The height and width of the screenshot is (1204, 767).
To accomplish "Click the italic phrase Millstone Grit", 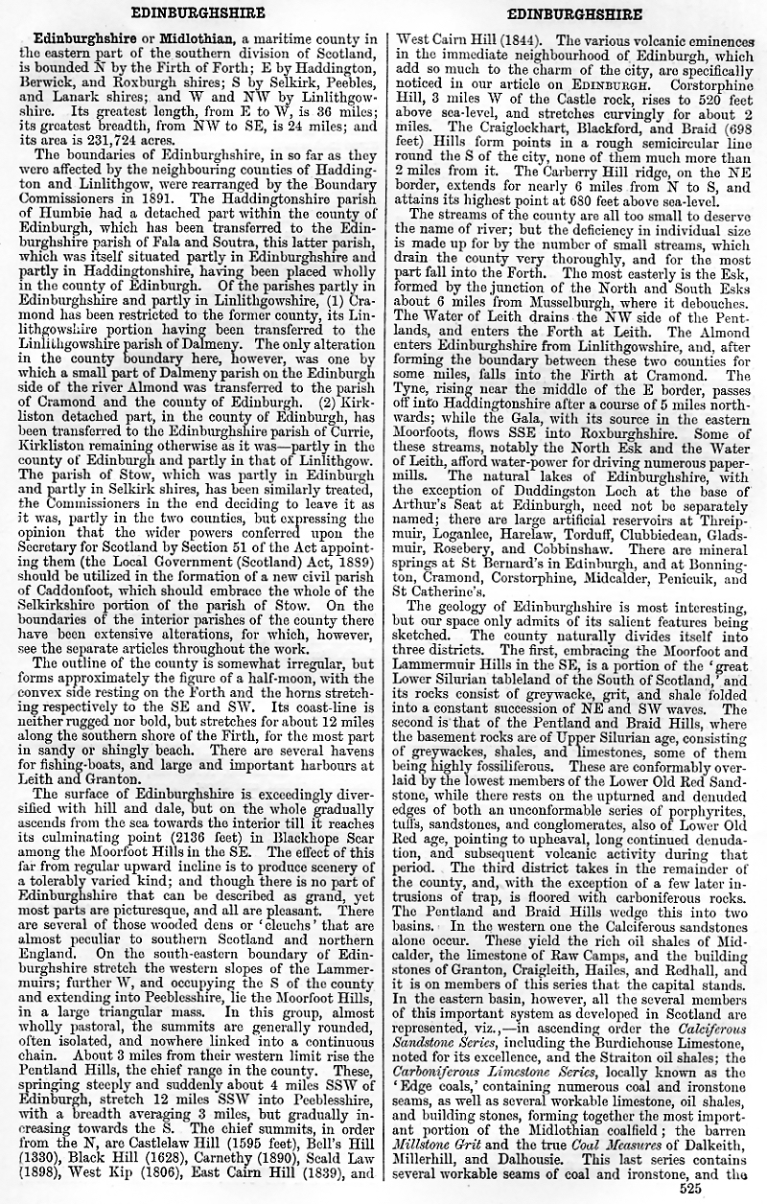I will click(430, 1146).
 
